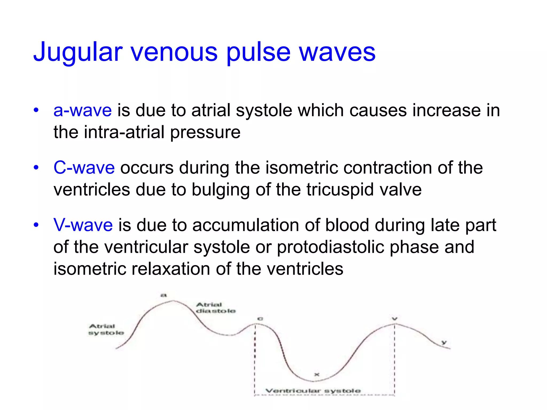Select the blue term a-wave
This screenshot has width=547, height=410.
pos(83,110)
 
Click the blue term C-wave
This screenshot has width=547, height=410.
pos(84,168)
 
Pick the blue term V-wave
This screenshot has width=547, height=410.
pos(83,225)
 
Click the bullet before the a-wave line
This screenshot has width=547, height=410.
pos(36,110)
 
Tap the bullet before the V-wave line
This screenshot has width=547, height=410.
pos(36,225)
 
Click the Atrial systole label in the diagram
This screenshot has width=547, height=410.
pos(106,329)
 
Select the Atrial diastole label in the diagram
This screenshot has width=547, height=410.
pos(216,308)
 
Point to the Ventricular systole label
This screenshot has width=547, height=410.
pos(313,391)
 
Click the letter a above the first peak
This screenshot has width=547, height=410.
pos(163,295)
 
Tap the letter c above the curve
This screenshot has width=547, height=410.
pos(260,319)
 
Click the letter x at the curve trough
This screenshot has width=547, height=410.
pos(317,374)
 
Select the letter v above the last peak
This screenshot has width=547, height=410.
pos(395,319)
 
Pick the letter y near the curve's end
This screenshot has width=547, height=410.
pos(444,342)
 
